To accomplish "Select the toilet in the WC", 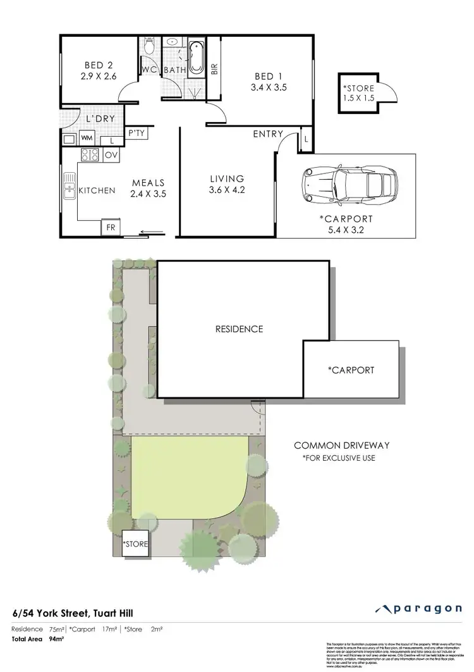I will coord(149,46).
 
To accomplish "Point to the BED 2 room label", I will coord(99,70).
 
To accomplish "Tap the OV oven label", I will coord(111,155).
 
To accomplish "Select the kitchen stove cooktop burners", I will coord(89,154).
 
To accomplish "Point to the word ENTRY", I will coord(267,134).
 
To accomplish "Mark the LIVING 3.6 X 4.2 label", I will coord(226,184).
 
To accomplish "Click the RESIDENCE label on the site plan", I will coord(239,329).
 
